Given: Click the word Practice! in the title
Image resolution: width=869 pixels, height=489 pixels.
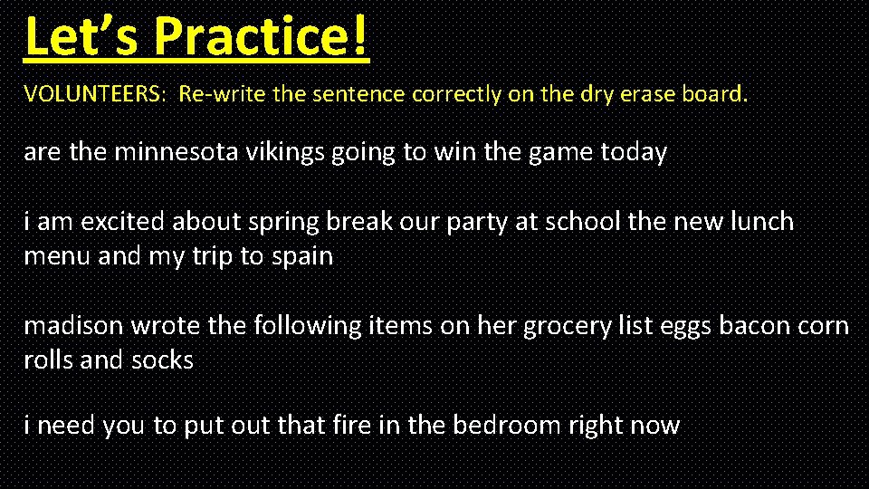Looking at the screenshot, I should pyautogui.click(x=262, y=36).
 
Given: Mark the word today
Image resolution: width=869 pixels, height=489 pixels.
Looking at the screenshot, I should pyautogui.click(x=634, y=152).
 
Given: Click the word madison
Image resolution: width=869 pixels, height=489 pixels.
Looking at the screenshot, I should pyautogui.click(x=73, y=325).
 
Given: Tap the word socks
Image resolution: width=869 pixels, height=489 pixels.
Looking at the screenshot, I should pyautogui.click(x=163, y=360).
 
